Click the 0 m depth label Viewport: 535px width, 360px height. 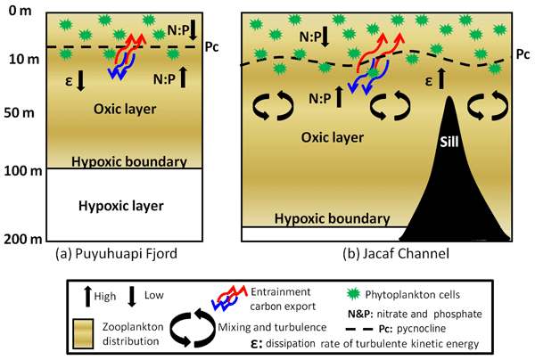click(x=17, y=11)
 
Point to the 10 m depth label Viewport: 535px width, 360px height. click(x=17, y=60)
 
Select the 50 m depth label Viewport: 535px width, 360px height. click(x=17, y=115)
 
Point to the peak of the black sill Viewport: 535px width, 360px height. click(x=449, y=94)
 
